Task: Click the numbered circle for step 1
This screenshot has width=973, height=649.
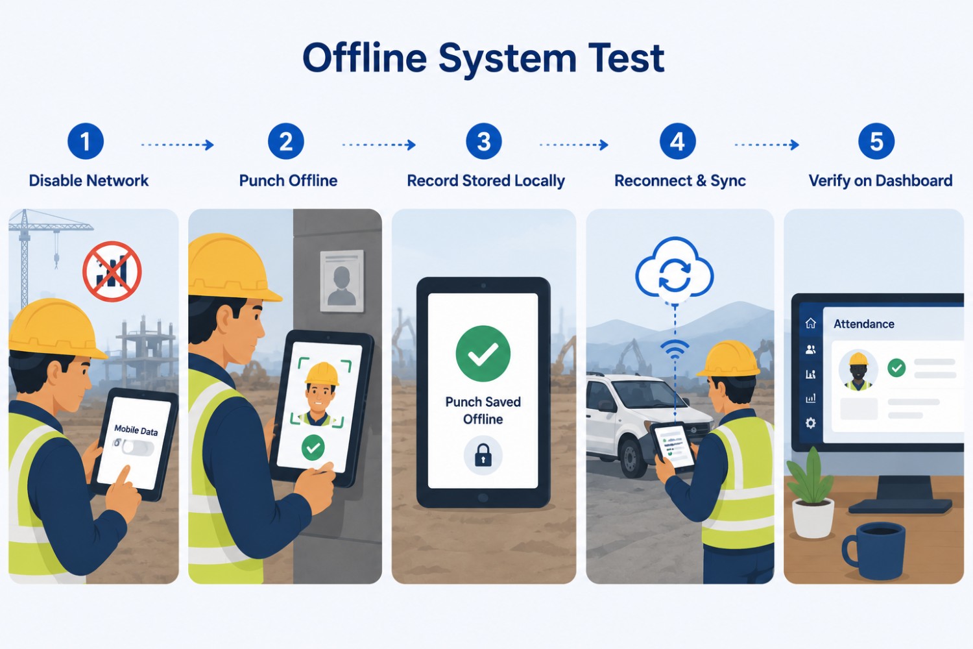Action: [x=86, y=141]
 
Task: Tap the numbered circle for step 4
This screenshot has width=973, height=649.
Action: [x=678, y=141]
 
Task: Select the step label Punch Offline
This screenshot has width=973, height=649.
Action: [x=289, y=180]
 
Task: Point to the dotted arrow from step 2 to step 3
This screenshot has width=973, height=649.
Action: [x=379, y=145]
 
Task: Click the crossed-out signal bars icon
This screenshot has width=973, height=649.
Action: [x=112, y=272]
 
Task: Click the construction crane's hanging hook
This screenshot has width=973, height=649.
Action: [x=56, y=260]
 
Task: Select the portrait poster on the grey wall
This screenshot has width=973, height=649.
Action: [x=342, y=281]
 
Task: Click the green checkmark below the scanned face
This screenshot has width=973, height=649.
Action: [x=313, y=448]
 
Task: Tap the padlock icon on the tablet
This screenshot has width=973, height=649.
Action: [x=483, y=455]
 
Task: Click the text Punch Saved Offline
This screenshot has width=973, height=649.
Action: [x=483, y=410]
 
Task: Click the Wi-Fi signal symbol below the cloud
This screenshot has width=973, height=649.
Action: [x=675, y=349]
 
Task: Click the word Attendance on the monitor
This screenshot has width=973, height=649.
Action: [x=864, y=324]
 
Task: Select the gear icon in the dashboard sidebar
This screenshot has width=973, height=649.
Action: [x=811, y=423]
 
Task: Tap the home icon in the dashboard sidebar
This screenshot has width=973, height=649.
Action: [x=811, y=323]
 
